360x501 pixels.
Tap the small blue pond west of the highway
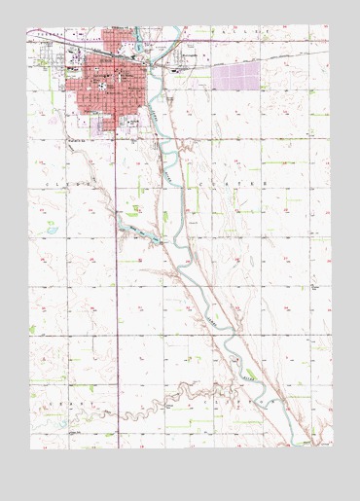click(x=51, y=228)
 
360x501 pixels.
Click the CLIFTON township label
click(x=234, y=398)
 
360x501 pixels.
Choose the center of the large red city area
click(x=107, y=92)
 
